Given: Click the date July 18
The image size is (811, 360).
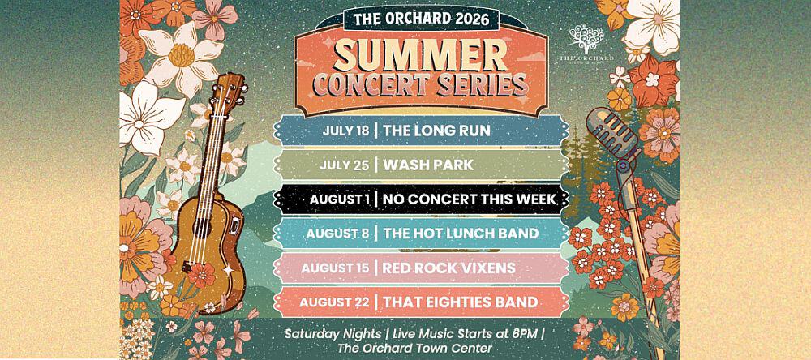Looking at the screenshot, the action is pos(345,131).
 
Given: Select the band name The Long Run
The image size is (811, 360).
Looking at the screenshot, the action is pos(436,131).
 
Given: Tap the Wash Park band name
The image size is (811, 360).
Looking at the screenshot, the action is pos(427,165).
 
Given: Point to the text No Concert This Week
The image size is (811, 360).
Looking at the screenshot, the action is pos(470,199).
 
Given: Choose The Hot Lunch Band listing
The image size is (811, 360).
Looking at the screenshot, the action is pos(461,234).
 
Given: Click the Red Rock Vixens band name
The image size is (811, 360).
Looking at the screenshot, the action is pos(449,268).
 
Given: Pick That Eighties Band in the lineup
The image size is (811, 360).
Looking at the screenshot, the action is pos(461,302).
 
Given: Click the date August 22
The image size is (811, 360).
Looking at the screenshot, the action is pos(334,302).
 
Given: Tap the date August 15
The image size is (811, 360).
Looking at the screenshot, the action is pos(335,268).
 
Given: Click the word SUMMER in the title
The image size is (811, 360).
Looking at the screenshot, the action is pos(420,56).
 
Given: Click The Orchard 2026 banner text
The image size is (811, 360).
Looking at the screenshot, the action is pos(420,19).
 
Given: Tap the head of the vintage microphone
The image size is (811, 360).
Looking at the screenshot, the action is pos(613,132).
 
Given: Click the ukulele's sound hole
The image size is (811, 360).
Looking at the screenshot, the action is pos(202,229).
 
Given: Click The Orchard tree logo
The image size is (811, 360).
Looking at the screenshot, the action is pos(586,42).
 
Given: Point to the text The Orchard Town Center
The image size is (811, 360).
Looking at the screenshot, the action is pos(414,348).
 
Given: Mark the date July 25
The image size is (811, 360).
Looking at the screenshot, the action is pos(344,165).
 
